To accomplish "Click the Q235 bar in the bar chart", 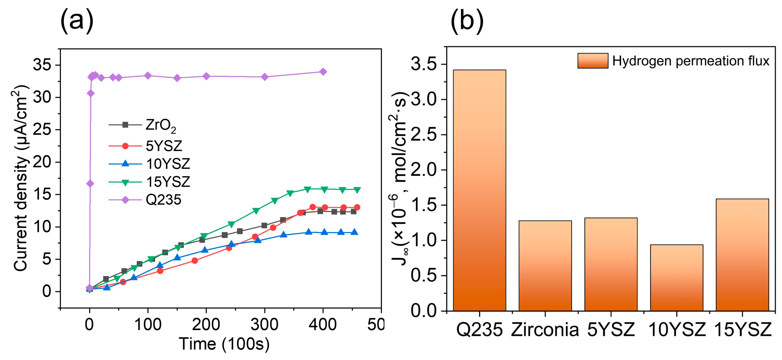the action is (x=480, y=190).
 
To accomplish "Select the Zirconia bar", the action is (x=545, y=266).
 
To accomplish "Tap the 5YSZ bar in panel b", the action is (x=611, y=264).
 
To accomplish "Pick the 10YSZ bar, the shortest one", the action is (x=677, y=278).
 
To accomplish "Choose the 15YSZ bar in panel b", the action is (x=742, y=255).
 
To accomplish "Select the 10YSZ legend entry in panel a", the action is (x=149, y=164).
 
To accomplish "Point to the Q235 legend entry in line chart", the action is (x=145, y=200).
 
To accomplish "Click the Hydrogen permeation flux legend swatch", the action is (x=593, y=61).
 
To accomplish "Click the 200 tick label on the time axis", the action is (x=206, y=325).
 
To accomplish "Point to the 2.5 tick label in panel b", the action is (x=424, y=135).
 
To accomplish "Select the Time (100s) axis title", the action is (x=224, y=344).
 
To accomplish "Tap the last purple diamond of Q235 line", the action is (x=323, y=72).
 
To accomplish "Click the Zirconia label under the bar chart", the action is (x=545, y=330).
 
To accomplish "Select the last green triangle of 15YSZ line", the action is (x=357, y=190).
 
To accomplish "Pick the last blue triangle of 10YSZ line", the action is (x=354, y=232).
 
